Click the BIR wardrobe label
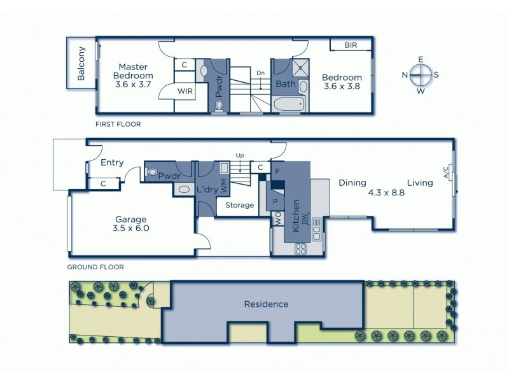pyautogui.click(x=351, y=45)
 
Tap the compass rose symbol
pyautogui.click(x=421, y=75)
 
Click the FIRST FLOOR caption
pyautogui.click(x=118, y=124)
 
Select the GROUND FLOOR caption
pyautogui.click(x=95, y=267)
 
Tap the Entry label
pyautogui.click(x=112, y=163)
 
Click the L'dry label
pyautogui.click(x=207, y=189)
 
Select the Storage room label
pyautogui.click(x=239, y=205)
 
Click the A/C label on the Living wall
pyautogui.click(x=445, y=173)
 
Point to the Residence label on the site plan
pyautogui.click(x=266, y=304)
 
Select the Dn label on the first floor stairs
pyautogui.click(x=260, y=73)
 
